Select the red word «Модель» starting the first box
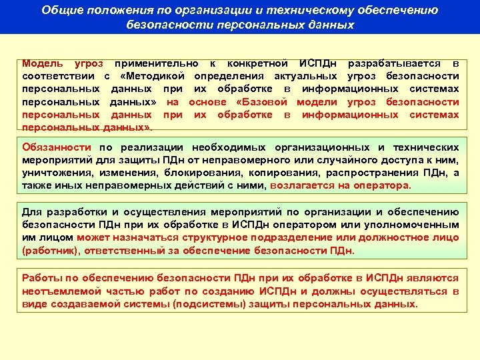coord(43,64)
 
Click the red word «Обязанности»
coord(57,147)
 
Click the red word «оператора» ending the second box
coord(386,185)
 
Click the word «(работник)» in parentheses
coord(48,249)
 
